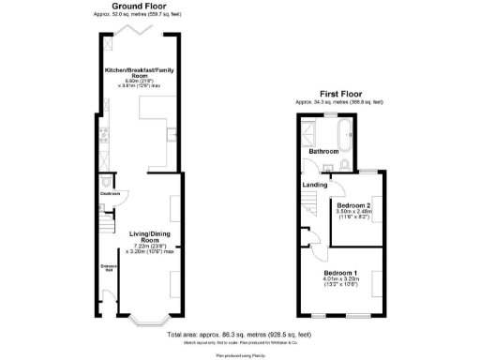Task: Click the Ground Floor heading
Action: click(x=142, y=7)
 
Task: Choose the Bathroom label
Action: click(x=323, y=150)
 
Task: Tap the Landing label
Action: click(x=315, y=185)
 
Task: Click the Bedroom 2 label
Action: click(x=354, y=205)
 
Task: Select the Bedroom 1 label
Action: click(x=340, y=273)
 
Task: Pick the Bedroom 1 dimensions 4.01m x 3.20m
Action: click(x=340, y=282)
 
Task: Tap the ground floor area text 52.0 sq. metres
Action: click(x=142, y=15)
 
